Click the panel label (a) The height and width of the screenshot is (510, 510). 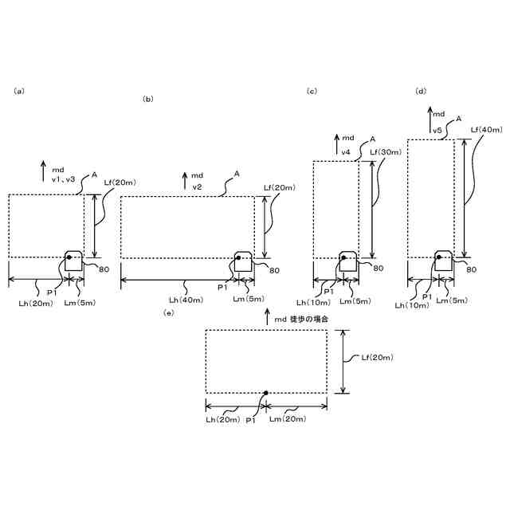pyautogui.click(x=19, y=91)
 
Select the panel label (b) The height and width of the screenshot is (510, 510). pyautogui.click(x=147, y=99)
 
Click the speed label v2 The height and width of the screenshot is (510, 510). pyautogui.click(x=197, y=186)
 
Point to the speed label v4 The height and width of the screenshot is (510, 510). pyautogui.click(x=347, y=151)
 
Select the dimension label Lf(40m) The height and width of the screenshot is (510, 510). pyautogui.click(x=486, y=129)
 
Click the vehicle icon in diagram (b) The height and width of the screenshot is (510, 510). pyautogui.click(x=244, y=261)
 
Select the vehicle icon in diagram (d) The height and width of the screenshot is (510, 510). pyautogui.click(x=444, y=260)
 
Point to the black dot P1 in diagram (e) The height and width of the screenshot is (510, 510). pyautogui.click(x=265, y=393)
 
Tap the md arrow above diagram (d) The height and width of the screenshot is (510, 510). pyautogui.click(x=428, y=113)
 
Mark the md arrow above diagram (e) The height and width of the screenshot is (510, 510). pyautogui.click(x=267, y=318)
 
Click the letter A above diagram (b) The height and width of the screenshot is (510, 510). pyautogui.click(x=237, y=172)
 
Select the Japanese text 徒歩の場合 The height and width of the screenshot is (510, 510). pyautogui.click(x=310, y=319)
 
